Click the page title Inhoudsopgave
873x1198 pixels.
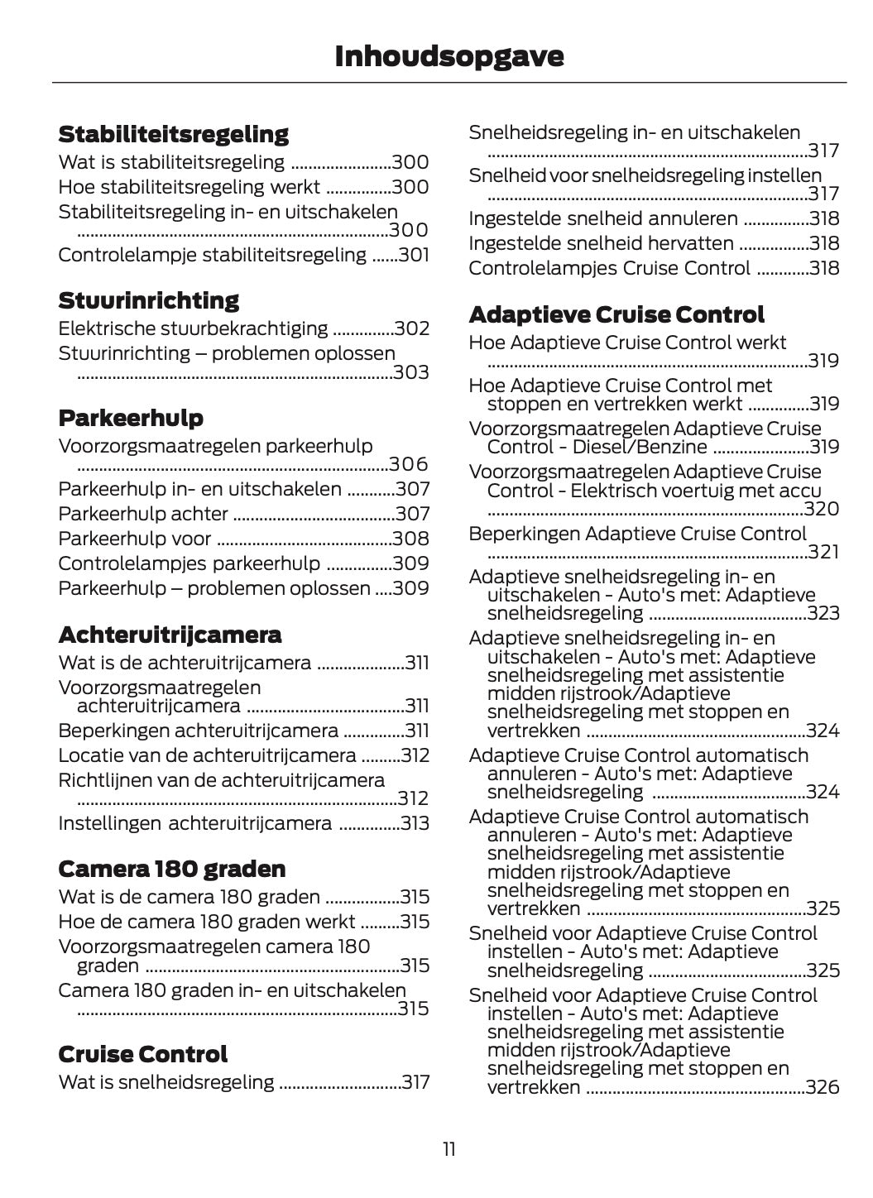click(x=449, y=56)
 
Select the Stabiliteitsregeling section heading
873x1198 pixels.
click(x=173, y=134)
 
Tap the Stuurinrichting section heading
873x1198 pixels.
click(x=148, y=300)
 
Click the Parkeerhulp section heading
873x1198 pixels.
click(x=131, y=418)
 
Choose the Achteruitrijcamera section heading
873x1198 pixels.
click(x=170, y=635)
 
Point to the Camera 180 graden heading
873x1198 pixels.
click(x=171, y=870)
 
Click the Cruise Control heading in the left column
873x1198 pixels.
click(x=142, y=1055)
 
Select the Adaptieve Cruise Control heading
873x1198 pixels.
click(x=616, y=315)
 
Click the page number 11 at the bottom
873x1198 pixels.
click(x=448, y=1149)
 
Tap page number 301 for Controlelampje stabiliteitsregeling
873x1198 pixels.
click(x=414, y=255)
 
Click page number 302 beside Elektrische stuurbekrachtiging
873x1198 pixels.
click(x=411, y=329)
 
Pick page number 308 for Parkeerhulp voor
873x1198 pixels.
click(x=410, y=539)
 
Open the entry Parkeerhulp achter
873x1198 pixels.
click(x=143, y=514)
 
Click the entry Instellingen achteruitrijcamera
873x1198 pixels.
click(x=194, y=824)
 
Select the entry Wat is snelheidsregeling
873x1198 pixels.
click(x=165, y=1082)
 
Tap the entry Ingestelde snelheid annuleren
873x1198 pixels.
click(x=602, y=219)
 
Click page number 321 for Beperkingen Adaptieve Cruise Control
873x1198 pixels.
click(x=823, y=553)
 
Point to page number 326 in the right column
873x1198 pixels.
click(x=822, y=1087)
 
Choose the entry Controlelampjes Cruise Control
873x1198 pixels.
click(x=609, y=269)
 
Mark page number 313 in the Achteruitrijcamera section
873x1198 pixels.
click(x=414, y=824)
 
